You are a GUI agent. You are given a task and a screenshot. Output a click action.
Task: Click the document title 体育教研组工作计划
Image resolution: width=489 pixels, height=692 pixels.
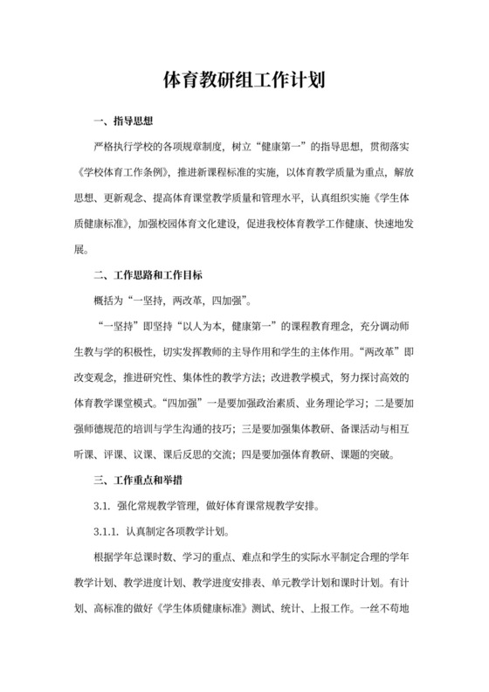point(244,81)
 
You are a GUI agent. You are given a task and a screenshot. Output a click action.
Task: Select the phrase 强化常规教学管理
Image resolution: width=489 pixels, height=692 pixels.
point(155,505)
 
